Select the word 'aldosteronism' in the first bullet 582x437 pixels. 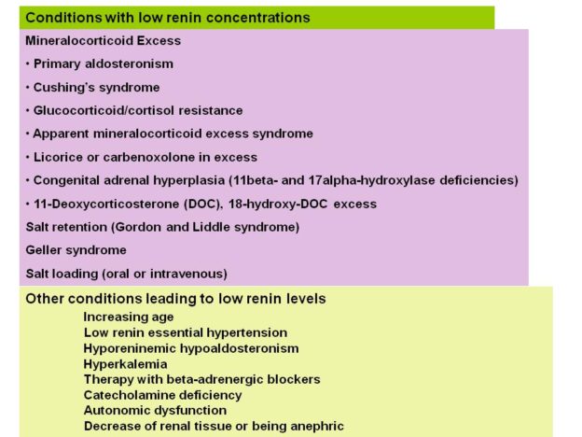129,63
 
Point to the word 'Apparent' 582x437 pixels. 61,134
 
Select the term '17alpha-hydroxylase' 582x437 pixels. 371,180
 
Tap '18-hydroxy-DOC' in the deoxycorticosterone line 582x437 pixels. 278,204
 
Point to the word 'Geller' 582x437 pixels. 44,250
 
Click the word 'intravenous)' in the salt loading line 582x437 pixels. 188,274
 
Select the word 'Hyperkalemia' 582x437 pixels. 126,364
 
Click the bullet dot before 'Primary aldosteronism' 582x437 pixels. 28,63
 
